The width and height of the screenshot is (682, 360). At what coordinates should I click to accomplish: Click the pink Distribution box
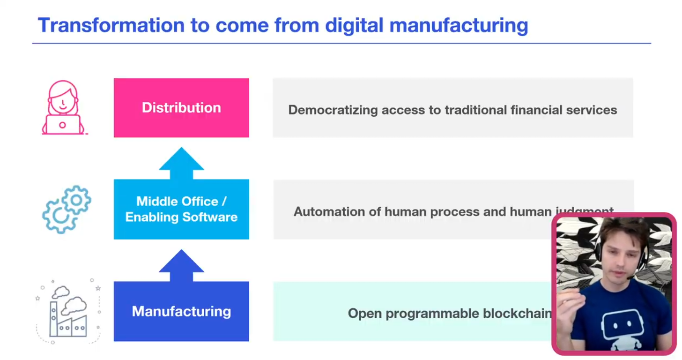[x=181, y=108]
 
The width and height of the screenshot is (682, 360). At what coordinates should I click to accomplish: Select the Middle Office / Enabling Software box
[x=181, y=210]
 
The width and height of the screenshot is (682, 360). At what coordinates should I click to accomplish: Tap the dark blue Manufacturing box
[x=181, y=311]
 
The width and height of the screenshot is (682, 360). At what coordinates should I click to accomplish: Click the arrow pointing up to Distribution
[x=181, y=163]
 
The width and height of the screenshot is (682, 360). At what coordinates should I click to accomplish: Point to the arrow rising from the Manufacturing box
[x=181, y=265]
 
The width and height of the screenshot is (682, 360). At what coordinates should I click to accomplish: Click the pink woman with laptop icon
[x=63, y=108]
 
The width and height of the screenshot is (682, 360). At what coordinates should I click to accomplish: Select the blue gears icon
[x=67, y=210]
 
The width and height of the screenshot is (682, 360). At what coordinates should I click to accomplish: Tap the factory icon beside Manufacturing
[x=68, y=311]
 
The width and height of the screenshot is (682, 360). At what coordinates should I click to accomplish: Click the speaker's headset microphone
[x=630, y=277]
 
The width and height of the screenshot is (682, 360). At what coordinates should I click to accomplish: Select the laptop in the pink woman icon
[x=62, y=125]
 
